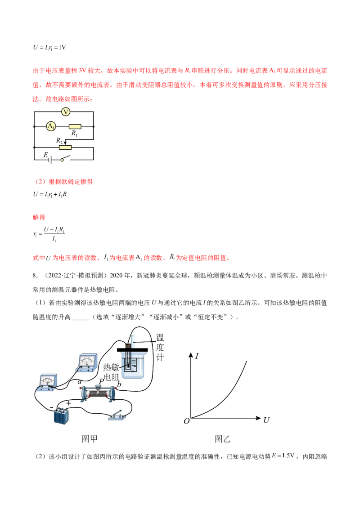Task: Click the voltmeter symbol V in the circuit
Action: coord(66,112)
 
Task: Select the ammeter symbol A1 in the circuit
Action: coord(51,126)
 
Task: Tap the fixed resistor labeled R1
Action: coord(75,127)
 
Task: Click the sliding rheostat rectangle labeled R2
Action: coord(65,147)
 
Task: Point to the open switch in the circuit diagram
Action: coord(66,159)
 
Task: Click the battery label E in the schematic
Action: coord(46,155)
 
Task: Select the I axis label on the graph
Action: coord(197,356)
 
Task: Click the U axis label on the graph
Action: coord(266,420)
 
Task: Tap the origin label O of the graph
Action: coord(186,421)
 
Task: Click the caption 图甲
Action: coord(90,439)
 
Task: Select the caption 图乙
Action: coord(223,439)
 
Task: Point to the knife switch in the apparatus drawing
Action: coord(117,415)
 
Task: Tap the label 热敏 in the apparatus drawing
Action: coord(111,367)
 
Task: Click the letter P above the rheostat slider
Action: coord(101,381)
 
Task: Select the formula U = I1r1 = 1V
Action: coord(49,47)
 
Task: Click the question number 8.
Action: coord(35,276)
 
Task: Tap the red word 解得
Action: coord(39,218)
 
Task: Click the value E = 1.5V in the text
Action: coord(283,456)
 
